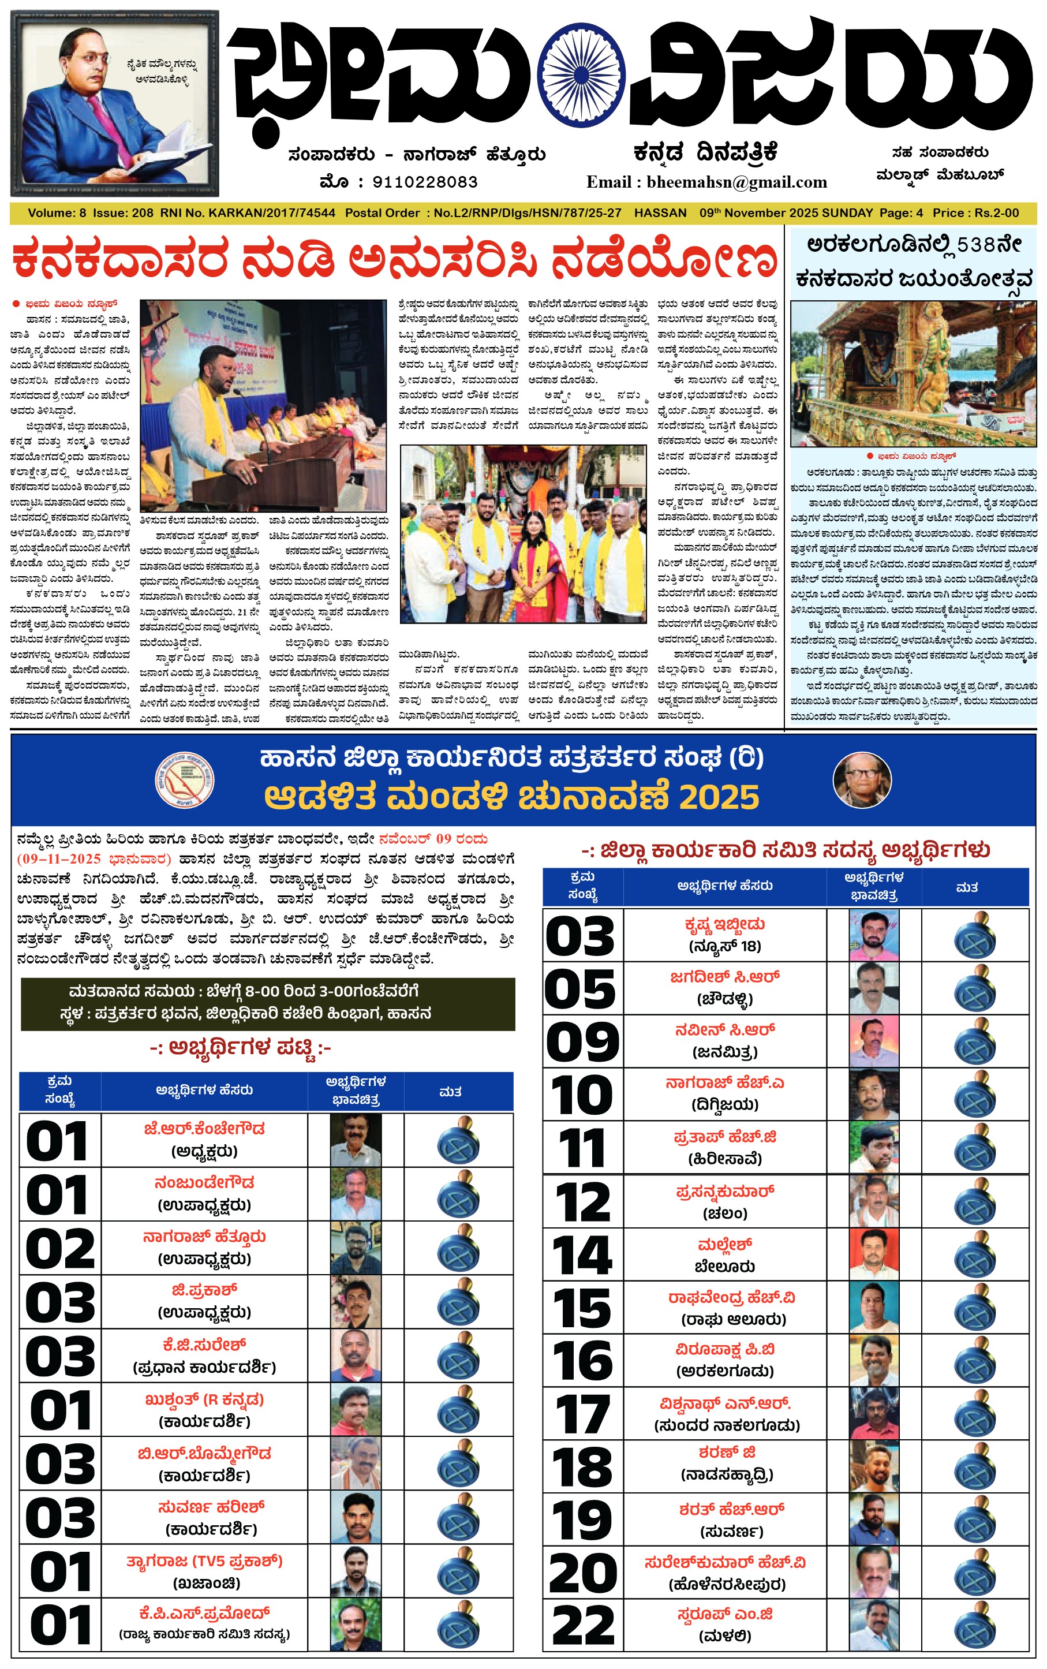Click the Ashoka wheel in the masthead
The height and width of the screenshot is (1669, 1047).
[583, 81]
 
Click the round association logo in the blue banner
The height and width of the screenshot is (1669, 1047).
[184, 780]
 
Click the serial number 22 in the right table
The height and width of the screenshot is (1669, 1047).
[582, 1625]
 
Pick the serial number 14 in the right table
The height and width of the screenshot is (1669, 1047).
[582, 1254]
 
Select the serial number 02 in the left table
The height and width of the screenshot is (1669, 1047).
[60, 1249]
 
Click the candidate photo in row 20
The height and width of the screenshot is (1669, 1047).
[873, 1572]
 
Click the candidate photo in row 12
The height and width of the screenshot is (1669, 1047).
[873, 1201]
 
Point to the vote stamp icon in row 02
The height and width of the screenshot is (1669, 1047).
[458, 1249]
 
